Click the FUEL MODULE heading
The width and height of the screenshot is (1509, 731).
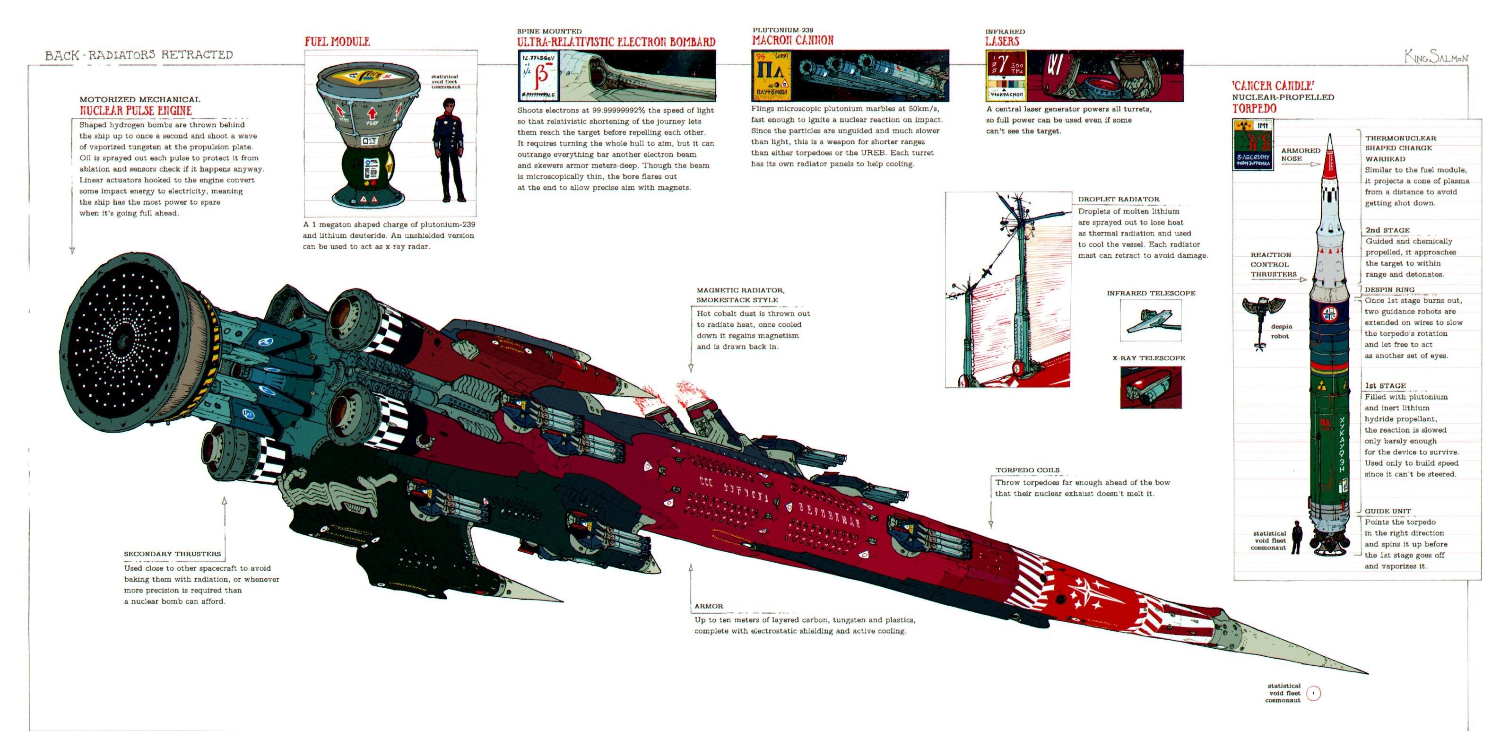337,42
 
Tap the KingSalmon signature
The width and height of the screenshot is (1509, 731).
1436,56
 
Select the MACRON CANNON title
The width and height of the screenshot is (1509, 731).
793,40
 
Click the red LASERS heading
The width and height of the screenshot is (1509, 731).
1002,41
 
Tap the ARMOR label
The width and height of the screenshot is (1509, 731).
709,606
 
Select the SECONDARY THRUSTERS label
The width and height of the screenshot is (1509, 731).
172,554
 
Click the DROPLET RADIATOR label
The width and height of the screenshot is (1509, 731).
1119,199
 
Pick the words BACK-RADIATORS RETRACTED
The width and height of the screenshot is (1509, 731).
139,55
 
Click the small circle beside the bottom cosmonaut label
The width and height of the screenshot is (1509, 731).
1314,694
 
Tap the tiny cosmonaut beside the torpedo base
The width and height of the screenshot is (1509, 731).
1297,537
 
